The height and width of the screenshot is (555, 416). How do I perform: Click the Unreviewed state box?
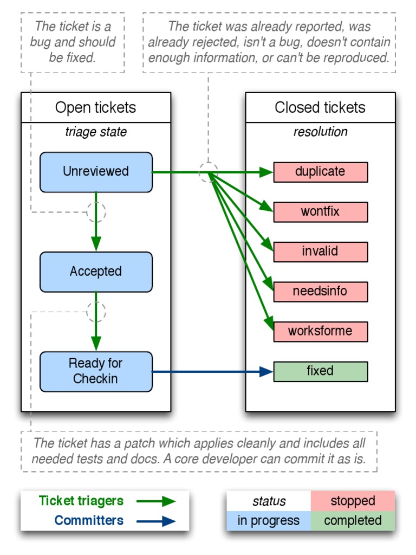pos(96,172)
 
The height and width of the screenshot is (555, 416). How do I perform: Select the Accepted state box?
pos(96,272)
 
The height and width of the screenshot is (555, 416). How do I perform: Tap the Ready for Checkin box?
pos(96,371)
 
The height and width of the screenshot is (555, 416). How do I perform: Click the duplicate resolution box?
pos(320,172)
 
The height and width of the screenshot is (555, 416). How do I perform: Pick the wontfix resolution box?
pos(320,211)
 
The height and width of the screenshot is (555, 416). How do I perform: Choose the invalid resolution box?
pos(320,251)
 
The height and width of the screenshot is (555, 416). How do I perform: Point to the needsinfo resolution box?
pos(320,292)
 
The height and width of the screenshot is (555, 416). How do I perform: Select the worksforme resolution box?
pos(320,331)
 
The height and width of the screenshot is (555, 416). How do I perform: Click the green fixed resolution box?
pos(320,371)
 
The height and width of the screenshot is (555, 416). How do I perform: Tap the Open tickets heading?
pos(96,107)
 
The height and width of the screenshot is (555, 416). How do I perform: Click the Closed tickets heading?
pos(320,107)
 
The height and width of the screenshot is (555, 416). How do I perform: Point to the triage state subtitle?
pos(96,132)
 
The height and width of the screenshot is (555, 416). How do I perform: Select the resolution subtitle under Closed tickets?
pos(320,132)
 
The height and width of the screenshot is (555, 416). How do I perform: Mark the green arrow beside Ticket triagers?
pos(156,501)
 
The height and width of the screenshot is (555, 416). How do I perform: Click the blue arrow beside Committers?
pos(156,521)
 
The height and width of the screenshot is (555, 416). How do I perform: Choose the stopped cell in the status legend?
pos(353,501)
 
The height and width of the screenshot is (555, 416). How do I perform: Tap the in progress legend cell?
pos(269,521)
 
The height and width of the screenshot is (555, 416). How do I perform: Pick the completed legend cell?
pos(353,521)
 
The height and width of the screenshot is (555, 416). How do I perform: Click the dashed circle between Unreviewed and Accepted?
pos(96,212)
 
